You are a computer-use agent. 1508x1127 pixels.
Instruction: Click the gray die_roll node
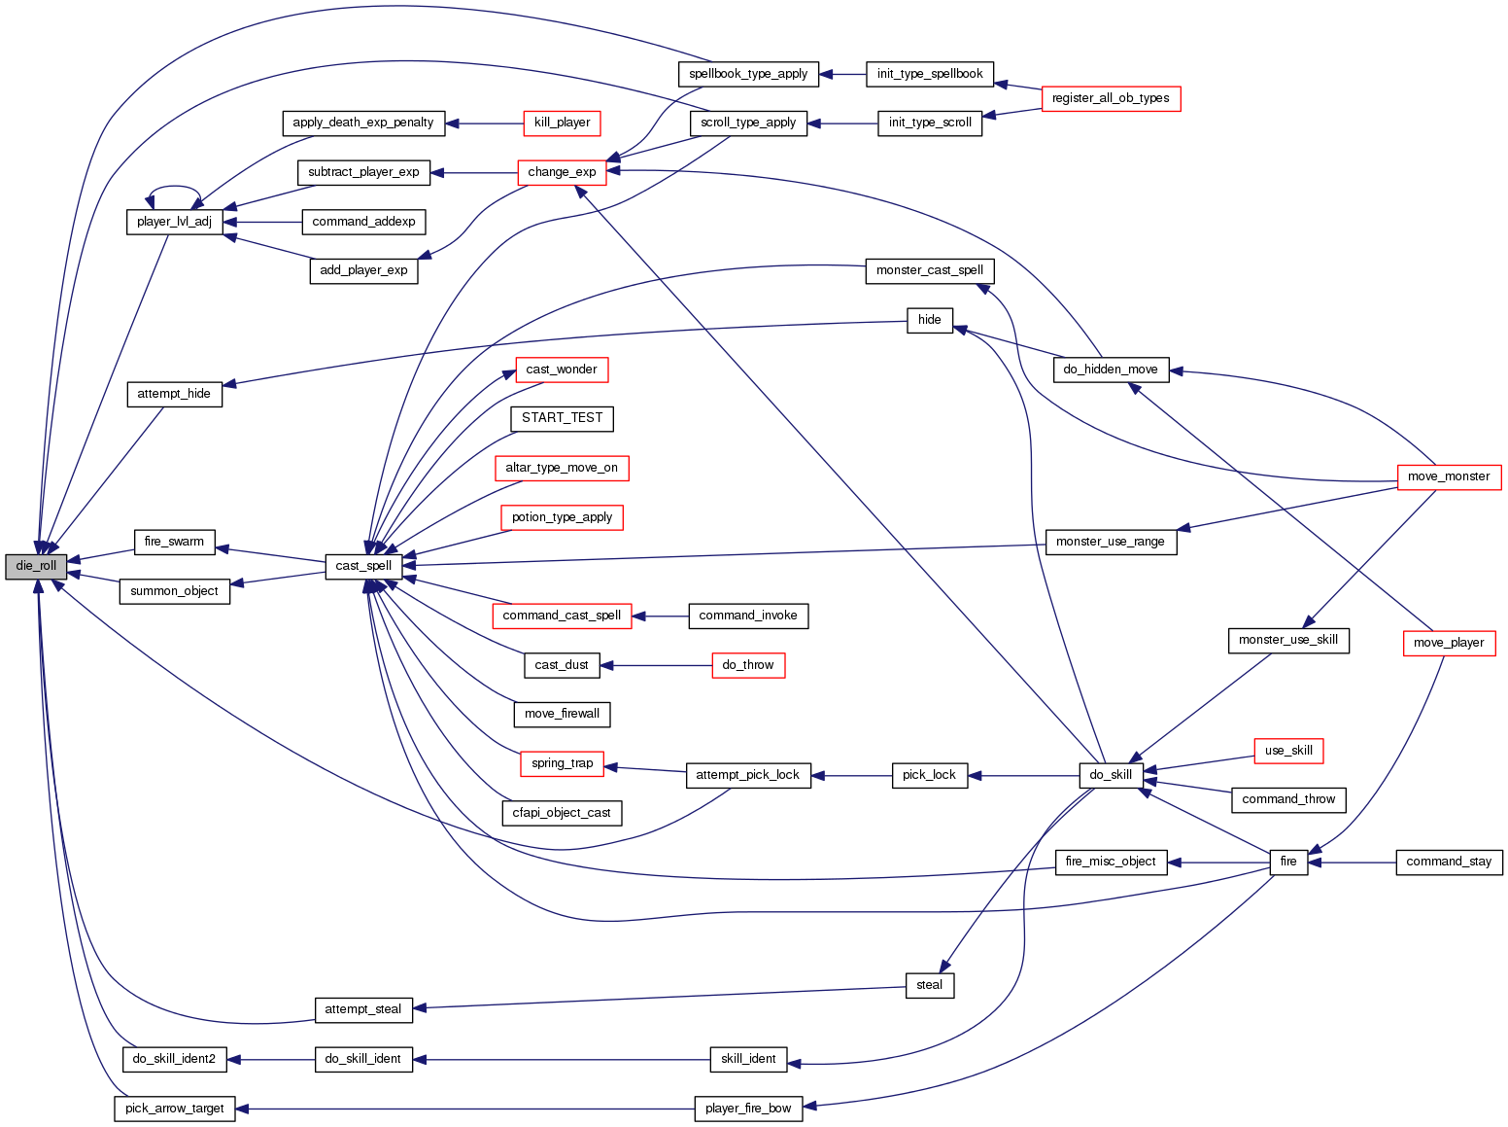pyautogui.click(x=36, y=566)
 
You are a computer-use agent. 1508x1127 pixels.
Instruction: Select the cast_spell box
pyautogui.click(x=363, y=566)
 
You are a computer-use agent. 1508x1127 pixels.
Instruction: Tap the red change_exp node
pyautogui.click(x=562, y=172)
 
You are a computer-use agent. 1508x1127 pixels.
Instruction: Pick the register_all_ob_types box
pyautogui.click(x=1111, y=98)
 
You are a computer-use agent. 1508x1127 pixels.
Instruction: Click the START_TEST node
pyautogui.click(x=562, y=418)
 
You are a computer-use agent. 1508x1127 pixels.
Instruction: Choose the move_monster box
pyautogui.click(x=1449, y=476)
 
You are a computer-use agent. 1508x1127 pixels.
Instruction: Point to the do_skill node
pyautogui.click(x=1111, y=775)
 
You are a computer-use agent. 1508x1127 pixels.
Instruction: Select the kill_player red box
pyautogui.click(x=562, y=123)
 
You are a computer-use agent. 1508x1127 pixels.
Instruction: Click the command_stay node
pyautogui.click(x=1449, y=862)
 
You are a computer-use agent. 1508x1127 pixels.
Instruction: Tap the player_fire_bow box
pyautogui.click(x=748, y=1109)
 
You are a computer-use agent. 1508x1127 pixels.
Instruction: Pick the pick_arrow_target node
pyautogui.click(x=175, y=1109)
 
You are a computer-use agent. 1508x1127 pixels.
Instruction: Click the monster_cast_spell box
pyautogui.click(x=929, y=270)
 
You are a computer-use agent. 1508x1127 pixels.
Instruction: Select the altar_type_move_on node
pyautogui.click(x=562, y=468)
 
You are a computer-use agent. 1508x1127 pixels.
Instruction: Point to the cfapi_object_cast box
pyautogui.click(x=562, y=813)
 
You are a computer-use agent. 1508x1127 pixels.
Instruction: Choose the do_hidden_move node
pyautogui.click(x=1111, y=370)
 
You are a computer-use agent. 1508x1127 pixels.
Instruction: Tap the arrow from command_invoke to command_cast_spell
pyautogui.click(x=661, y=616)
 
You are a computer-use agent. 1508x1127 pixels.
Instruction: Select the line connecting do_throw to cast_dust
pyautogui.click(x=656, y=665)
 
